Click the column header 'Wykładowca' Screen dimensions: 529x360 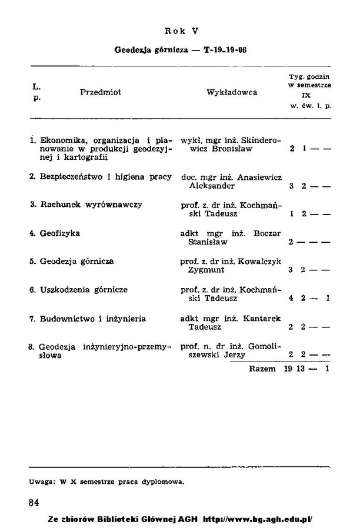(232, 92)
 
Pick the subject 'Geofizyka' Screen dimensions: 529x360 (60, 233)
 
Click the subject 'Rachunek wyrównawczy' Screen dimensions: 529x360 (91, 205)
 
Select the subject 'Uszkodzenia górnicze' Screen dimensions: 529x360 (84, 290)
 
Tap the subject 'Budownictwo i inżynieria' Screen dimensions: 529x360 (93, 319)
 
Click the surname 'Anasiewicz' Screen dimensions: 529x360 (259, 177)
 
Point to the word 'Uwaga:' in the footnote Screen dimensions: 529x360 (41, 481)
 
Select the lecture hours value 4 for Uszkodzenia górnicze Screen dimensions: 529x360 (292, 298)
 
